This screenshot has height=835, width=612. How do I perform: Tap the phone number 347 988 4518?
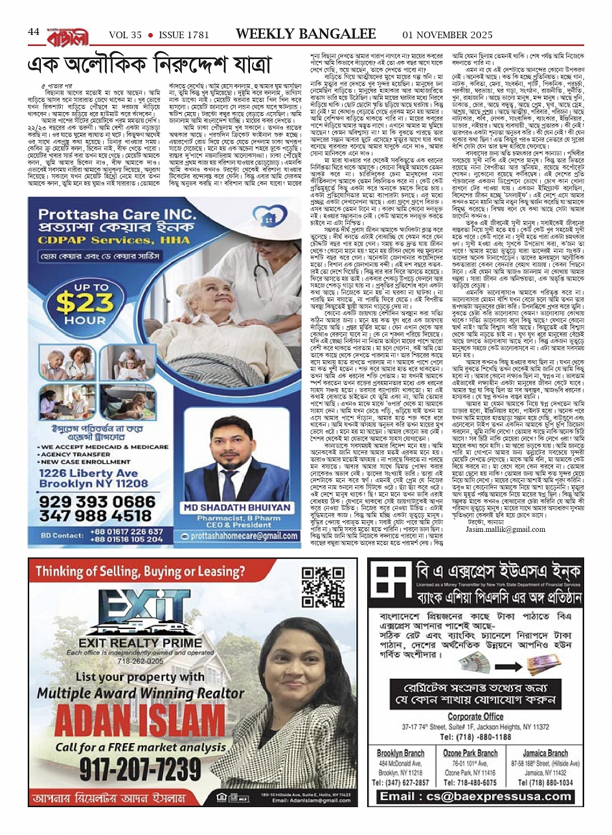tap(95, 516)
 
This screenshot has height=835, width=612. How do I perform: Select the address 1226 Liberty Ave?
tap(89, 474)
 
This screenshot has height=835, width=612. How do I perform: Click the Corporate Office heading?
tap(475, 716)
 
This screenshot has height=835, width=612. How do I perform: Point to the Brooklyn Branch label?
tap(400, 753)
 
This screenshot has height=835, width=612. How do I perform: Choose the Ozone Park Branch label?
tap(470, 753)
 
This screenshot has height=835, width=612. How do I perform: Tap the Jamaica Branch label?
tap(545, 753)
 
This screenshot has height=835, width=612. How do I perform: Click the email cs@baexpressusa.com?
tap(476, 796)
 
